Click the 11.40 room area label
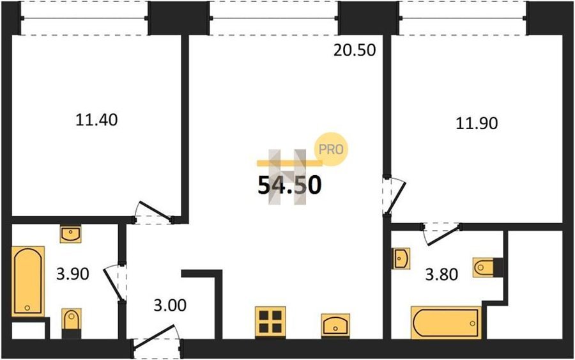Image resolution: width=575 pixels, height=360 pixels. (x=96, y=120)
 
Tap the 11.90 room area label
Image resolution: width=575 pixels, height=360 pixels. (x=477, y=123)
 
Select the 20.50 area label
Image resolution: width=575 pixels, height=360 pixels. (x=355, y=51)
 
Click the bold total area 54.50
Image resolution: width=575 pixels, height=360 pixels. (x=289, y=185)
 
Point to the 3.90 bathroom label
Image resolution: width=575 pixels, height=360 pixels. (x=73, y=274)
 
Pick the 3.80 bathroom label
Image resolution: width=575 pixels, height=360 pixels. (x=441, y=274)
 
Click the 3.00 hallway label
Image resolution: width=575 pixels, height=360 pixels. (x=170, y=305)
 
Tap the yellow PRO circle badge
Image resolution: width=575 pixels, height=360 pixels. (x=331, y=149)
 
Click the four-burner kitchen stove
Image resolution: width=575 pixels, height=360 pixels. (x=270, y=322)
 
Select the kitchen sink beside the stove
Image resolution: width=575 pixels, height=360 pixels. (x=335, y=325)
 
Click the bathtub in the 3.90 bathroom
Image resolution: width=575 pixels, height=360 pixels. (x=28, y=281)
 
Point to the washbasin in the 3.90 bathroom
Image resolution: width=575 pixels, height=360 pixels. (x=71, y=235)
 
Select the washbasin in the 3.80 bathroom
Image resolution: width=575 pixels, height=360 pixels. (x=401, y=258)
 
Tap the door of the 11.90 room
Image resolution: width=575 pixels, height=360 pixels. (x=395, y=196)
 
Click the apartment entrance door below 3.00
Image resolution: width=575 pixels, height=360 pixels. (x=156, y=337)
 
